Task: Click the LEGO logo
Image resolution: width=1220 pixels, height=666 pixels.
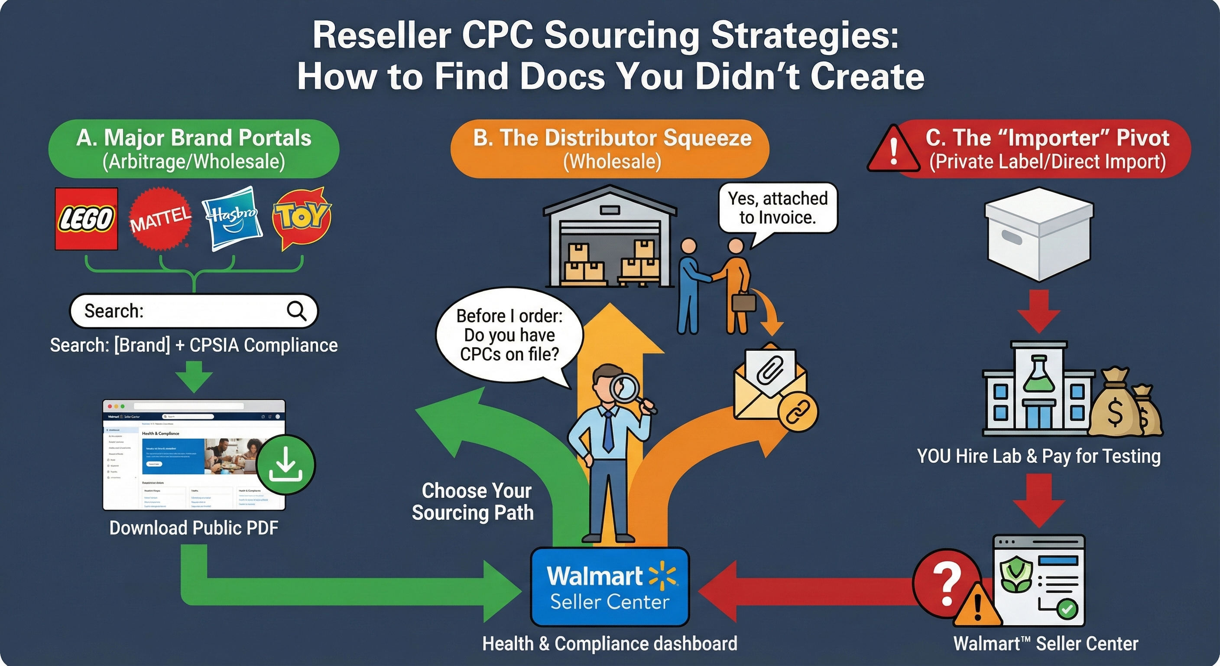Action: point(86,219)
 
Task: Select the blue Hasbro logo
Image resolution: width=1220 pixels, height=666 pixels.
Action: point(232,218)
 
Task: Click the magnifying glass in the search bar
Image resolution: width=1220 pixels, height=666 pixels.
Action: point(296,311)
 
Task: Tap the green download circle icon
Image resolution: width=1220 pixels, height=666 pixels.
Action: point(286,464)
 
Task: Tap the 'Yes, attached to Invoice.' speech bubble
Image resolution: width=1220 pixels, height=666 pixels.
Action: point(778,208)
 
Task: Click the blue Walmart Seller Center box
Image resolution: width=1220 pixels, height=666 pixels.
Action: point(610,587)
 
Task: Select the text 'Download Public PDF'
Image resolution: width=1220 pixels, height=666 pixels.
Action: point(194,528)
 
